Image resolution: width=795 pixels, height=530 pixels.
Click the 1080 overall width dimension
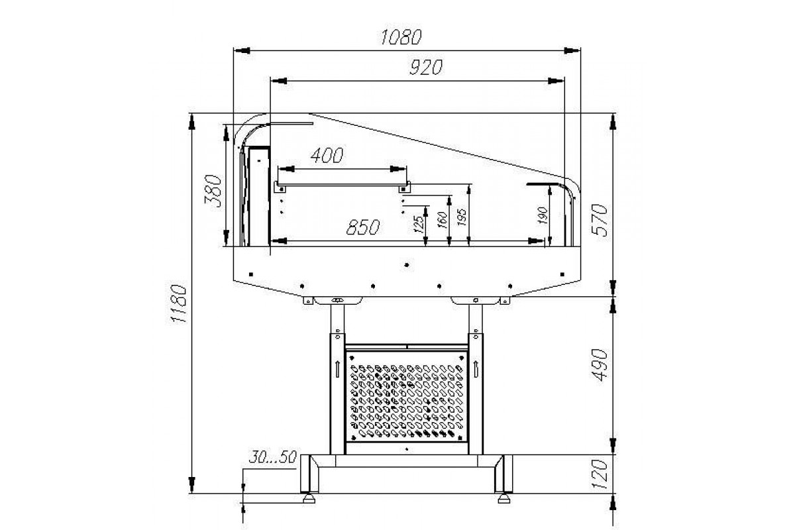pyautogui.click(x=401, y=37)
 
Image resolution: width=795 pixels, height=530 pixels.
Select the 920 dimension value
pyautogui.click(x=426, y=68)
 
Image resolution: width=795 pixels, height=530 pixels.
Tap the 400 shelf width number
pyautogui.click(x=327, y=155)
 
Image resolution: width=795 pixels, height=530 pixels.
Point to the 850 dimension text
pyautogui.click(x=363, y=227)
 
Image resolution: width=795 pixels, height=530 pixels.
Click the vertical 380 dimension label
pyautogui.click(x=213, y=191)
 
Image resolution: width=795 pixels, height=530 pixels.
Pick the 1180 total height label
pyautogui.click(x=178, y=303)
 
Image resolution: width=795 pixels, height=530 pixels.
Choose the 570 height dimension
pyautogui.click(x=600, y=220)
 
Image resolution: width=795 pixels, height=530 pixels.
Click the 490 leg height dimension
pyautogui.click(x=600, y=365)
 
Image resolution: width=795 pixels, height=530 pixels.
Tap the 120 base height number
pyautogui.click(x=600, y=474)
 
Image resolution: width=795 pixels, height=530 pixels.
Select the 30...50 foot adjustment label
pyautogui.click(x=272, y=457)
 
